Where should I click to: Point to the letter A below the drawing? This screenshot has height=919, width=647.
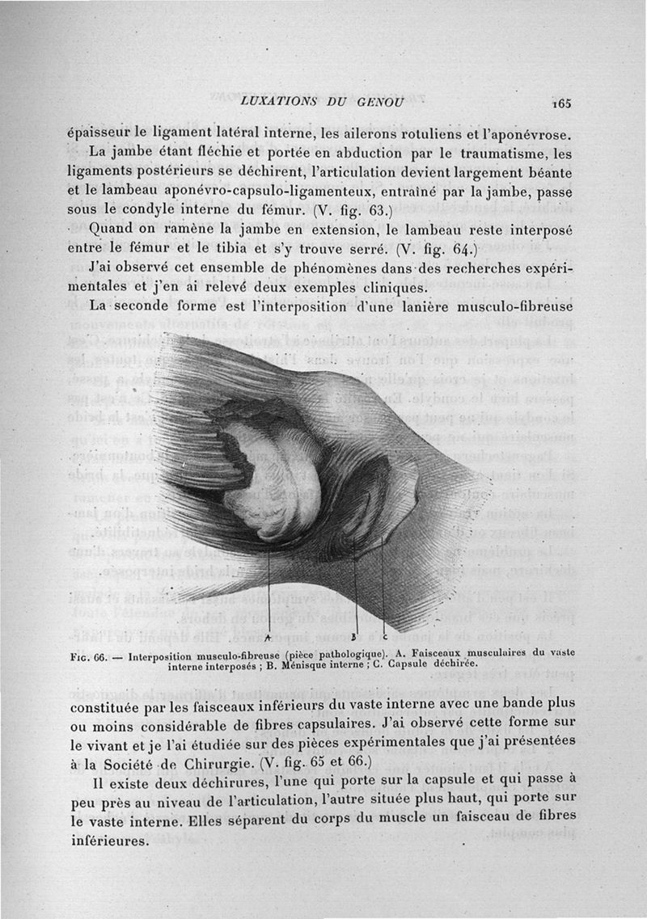tap(267, 637)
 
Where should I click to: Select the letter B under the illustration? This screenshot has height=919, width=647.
tap(353, 635)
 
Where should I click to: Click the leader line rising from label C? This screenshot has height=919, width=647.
tap(383, 582)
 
